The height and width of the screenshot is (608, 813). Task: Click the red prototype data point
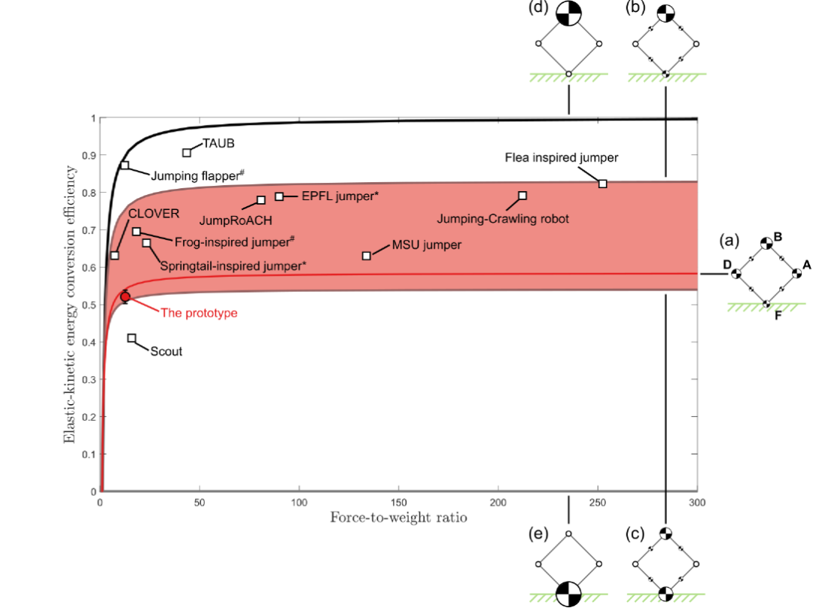point(125,297)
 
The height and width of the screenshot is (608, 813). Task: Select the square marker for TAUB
point(187,153)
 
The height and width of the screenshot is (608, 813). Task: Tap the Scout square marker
point(132,339)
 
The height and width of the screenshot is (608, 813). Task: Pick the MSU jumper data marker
point(367,256)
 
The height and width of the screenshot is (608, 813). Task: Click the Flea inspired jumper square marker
point(602,184)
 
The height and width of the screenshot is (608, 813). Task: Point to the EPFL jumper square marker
point(279,196)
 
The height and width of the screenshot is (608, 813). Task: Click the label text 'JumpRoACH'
point(236,220)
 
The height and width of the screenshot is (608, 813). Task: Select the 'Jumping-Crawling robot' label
point(503,219)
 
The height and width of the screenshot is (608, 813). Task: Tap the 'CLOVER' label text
point(154,214)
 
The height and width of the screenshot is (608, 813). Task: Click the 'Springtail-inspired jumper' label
point(233,266)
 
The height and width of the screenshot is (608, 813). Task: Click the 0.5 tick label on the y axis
point(89,305)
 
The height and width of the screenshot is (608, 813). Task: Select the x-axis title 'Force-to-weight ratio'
point(399,517)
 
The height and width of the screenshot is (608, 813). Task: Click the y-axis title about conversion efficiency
point(69,305)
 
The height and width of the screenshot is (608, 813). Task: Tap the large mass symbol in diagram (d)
point(569,14)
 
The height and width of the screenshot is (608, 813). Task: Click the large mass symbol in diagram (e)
point(569,594)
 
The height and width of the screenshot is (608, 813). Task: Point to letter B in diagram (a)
point(778,237)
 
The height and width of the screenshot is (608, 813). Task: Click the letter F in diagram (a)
point(778,315)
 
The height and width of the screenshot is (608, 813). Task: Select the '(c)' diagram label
point(635,534)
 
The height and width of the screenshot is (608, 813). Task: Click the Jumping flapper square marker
point(125,166)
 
